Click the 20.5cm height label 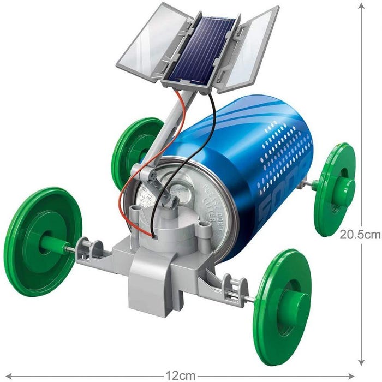pyautogui.click(x=360, y=235)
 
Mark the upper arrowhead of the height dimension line pyautogui.click(x=361, y=5)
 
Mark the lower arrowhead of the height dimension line pyautogui.click(x=361, y=361)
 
